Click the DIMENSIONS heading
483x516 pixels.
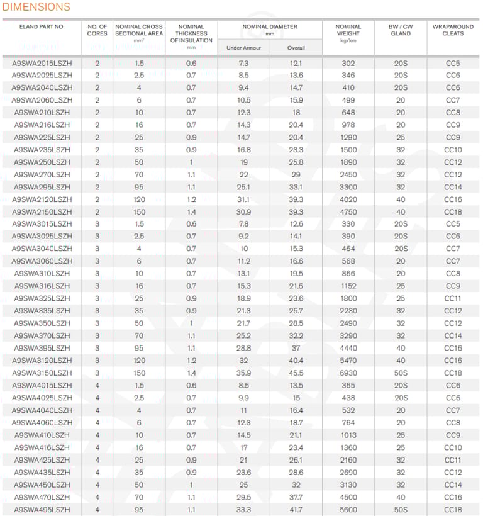click(36, 8)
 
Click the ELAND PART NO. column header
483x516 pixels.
click(42, 27)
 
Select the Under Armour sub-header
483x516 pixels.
click(243, 48)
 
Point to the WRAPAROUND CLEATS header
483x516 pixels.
click(453, 30)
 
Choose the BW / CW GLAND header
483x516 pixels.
click(401, 30)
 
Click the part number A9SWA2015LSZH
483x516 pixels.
click(42, 64)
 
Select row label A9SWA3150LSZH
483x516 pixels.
click(42, 373)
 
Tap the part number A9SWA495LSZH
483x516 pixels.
click(42, 510)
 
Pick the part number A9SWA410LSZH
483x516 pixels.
click(42, 435)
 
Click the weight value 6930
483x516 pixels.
click(348, 373)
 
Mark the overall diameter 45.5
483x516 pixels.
click(296, 373)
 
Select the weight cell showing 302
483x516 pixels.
click(348, 64)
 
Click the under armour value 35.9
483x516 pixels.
click(243, 373)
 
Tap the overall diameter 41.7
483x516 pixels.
click(296, 510)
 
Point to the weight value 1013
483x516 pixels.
click(348, 435)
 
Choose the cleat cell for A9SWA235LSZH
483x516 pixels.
click(453, 150)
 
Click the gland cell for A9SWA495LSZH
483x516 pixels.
click(401, 510)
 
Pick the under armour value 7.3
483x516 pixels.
click(243, 64)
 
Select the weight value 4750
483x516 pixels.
click(348, 212)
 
